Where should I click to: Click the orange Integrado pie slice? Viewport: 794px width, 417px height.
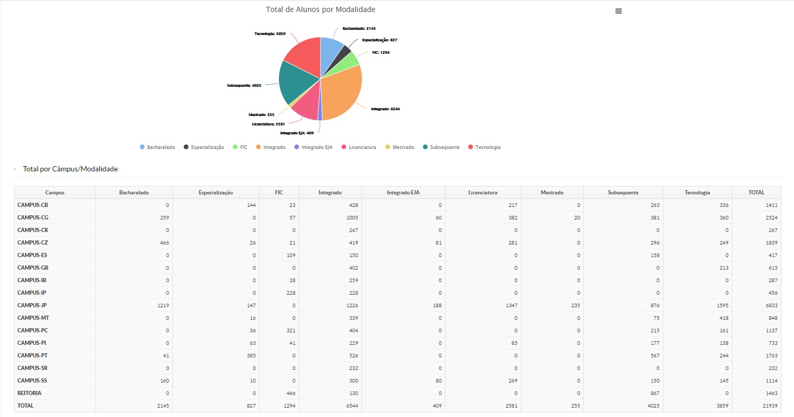click(342, 94)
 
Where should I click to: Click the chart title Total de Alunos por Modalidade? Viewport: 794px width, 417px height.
click(320, 9)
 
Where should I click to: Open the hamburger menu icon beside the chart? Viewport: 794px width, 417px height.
click(618, 11)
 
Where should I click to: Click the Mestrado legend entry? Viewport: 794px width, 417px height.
click(403, 147)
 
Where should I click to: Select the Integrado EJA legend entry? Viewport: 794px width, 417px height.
click(317, 147)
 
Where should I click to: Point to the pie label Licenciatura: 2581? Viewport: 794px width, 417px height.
click(268, 124)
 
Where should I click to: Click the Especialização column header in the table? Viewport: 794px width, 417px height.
click(216, 193)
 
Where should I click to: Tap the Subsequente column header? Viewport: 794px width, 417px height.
click(623, 193)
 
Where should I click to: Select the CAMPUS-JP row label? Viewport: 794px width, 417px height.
click(32, 305)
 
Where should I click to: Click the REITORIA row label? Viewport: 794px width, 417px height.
click(29, 393)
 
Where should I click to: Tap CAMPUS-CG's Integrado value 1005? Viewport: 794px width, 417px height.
click(352, 217)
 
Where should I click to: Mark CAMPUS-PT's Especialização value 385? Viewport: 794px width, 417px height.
click(251, 355)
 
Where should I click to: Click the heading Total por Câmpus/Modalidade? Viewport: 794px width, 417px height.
click(71, 169)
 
